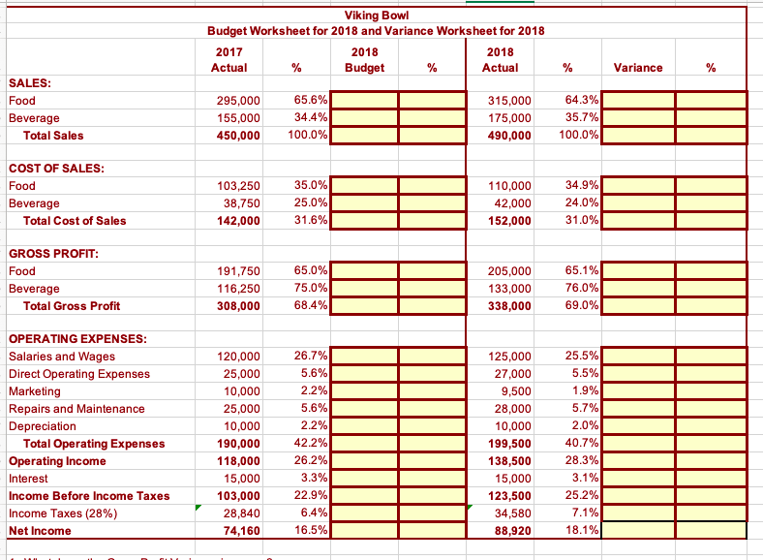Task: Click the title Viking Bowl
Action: coord(375,15)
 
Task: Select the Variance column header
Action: coord(638,67)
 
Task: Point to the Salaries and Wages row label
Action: coord(61,357)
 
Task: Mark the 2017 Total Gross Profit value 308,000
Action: coord(238,306)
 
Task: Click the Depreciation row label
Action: coord(42,426)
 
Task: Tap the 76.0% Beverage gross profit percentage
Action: coord(582,289)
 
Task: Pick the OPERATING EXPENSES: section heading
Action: coord(77,339)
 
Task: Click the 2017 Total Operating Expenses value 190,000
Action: coord(238,444)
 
